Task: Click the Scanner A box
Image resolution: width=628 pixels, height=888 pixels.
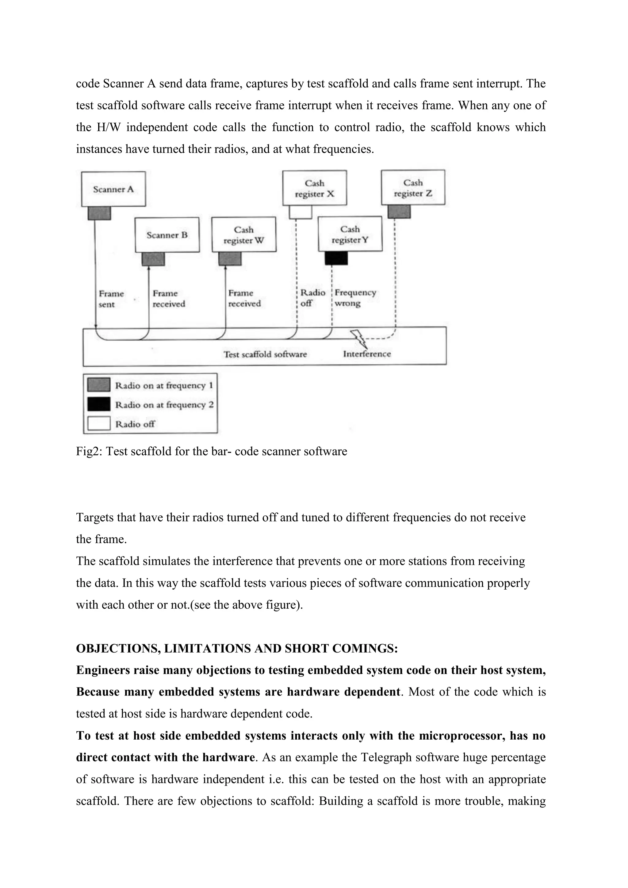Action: (113, 189)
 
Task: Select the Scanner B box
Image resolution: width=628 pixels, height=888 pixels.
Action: (167, 235)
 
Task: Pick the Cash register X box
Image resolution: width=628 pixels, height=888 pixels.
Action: (314, 188)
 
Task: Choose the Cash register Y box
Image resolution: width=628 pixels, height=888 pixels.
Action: (350, 234)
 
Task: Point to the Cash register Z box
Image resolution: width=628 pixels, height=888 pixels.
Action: (413, 188)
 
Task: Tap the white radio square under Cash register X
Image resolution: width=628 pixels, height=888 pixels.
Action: (301, 212)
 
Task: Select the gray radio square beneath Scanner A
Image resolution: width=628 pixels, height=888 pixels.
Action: (99, 213)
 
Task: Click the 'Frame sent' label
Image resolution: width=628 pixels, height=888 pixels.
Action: (111, 299)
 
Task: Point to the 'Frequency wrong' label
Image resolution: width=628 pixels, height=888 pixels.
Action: (355, 298)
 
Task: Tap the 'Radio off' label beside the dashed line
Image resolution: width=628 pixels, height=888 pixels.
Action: (312, 298)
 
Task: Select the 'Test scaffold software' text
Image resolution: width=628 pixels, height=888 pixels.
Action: (265, 354)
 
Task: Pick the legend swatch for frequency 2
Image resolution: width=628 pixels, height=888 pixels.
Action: (99, 404)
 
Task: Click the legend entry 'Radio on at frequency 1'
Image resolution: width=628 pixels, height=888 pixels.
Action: (164, 386)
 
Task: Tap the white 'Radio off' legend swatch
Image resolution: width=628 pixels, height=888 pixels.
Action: (99, 423)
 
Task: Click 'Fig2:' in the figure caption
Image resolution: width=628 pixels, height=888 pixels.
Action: (89, 451)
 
